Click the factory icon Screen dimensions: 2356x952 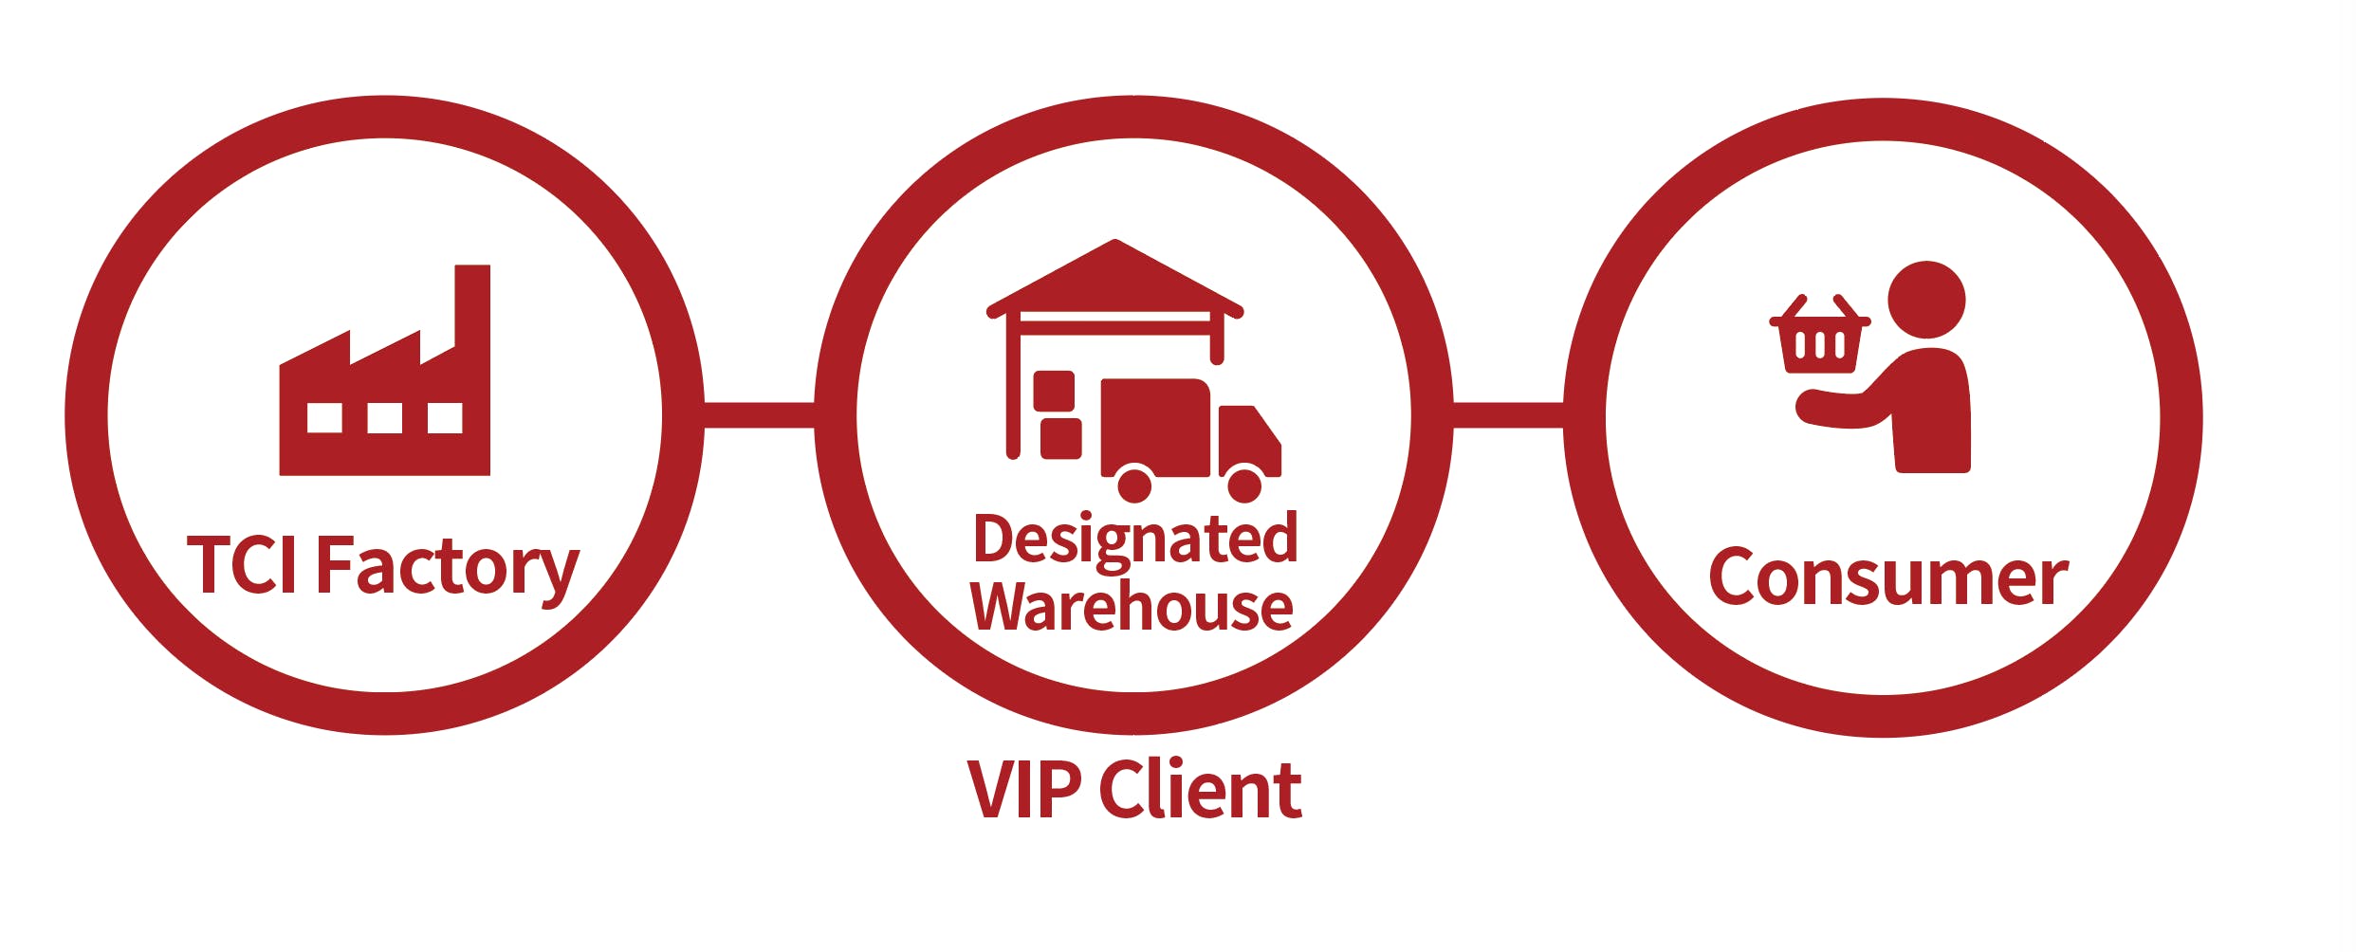(x=384, y=370)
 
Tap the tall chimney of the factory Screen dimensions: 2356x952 (x=472, y=308)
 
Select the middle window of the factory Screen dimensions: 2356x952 (x=384, y=418)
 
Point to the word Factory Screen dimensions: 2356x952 (x=448, y=569)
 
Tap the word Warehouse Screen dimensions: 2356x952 (x=1132, y=606)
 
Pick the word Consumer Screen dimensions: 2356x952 (x=1887, y=577)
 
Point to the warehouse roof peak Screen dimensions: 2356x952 (x=1115, y=241)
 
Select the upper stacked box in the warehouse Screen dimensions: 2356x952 (x=1054, y=392)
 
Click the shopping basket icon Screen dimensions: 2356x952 (x=1819, y=334)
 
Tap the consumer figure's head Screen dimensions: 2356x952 (x=1926, y=300)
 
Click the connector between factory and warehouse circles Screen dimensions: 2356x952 (x=760, y=415)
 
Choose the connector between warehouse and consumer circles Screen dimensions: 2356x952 (x=1508, y=415)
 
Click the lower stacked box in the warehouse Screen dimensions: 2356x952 (x=1061, y=438)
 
